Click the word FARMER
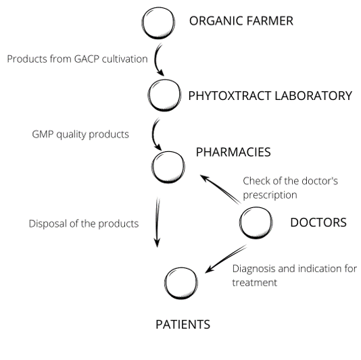270,21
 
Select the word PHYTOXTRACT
230,96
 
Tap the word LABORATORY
314,96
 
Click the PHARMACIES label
233,152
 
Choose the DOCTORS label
318,222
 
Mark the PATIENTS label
183,325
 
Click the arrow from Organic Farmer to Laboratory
155,60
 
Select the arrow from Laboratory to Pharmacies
153,134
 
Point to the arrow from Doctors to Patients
226,259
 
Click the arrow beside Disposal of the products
158,222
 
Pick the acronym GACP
87,59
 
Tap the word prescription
270,195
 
